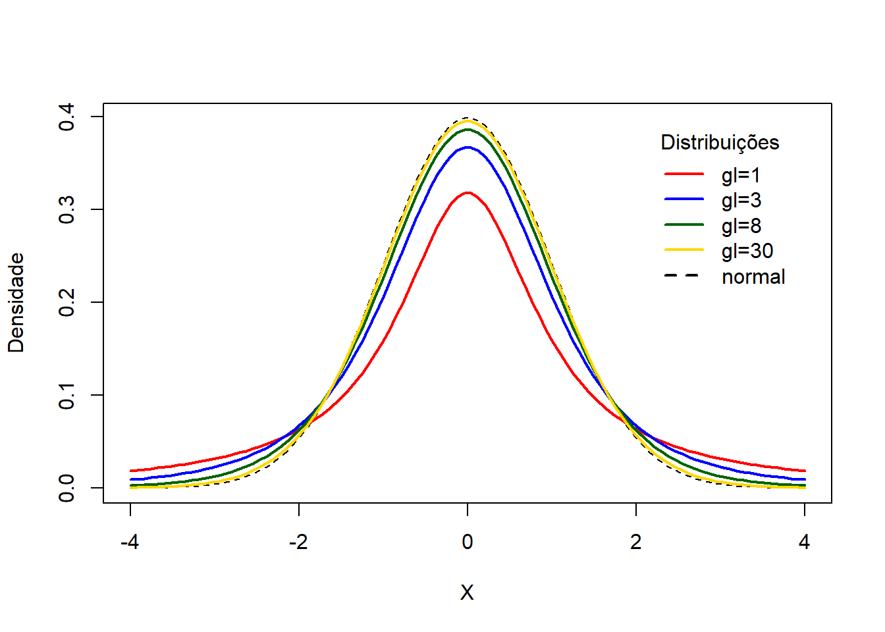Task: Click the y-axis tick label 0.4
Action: (x=67, y=117)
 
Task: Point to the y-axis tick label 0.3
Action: (x=67, y=210)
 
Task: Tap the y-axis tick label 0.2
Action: (x=67, y=303)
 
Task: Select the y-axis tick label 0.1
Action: (x=67, y=396)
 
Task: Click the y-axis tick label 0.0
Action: (x=67, y=488)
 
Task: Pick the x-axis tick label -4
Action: (x=130, y=542)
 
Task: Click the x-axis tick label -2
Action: (x=298, y=542)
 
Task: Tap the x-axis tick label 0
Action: (x=468, y=542)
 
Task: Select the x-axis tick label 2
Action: (x=636, y=542)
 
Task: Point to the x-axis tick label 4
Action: (x=805, y=542)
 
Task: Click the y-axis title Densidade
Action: (x=16, y=303)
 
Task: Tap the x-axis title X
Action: (x=467, y=593)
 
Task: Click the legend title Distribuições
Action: (x=720, y=143)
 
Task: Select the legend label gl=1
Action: (x=741, y=175)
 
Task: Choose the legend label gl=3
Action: (x=741, y=200)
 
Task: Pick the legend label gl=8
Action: (x=741, y=226)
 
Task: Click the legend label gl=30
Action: (x=747, y=251)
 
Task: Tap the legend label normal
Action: (x=753, y=276)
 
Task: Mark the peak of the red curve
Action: (x=468, y=193)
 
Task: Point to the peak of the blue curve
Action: (x=468, y=147)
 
